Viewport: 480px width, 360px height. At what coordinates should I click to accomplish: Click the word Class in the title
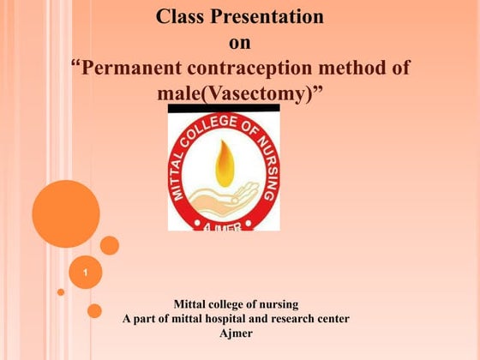185,16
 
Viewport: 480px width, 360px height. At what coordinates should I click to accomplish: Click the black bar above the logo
223,109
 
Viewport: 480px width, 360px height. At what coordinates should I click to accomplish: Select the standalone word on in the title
239,43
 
